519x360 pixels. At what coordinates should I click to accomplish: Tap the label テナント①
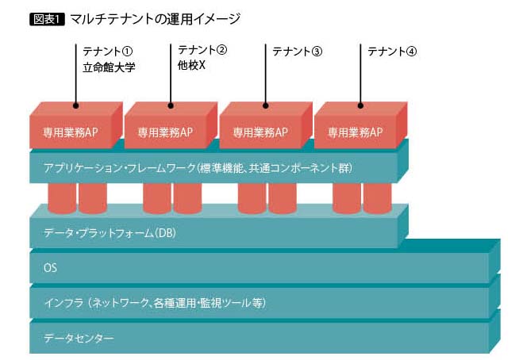[109, 52]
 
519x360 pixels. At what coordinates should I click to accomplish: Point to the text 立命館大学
[109, 67]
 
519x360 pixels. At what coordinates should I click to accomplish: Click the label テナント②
[202, 49]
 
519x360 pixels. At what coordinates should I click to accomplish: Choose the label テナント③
[298, 52]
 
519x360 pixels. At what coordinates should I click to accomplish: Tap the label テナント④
[392, 52]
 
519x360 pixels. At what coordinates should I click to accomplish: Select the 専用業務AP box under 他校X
[165, 132]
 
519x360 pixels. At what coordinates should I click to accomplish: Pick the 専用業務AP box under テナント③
[260, 132]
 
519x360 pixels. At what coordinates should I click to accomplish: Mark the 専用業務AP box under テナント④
[355, 132]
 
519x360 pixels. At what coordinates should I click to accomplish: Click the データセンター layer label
[79, 339]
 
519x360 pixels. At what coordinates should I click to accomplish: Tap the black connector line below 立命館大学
[76, 91]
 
